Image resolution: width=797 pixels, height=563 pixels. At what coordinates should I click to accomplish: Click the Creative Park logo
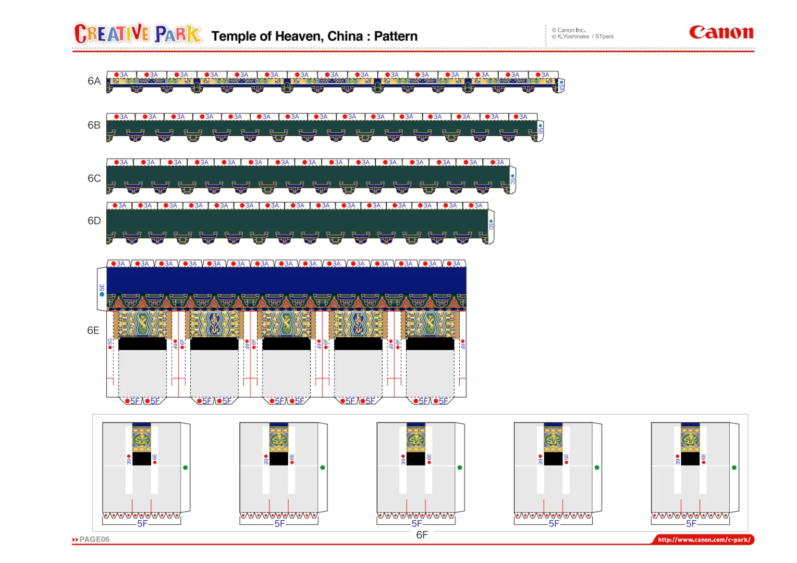[138, 34]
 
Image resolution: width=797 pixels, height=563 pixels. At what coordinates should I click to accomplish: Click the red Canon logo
[721, 32]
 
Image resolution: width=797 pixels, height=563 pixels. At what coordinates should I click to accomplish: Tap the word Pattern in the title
[396, 36]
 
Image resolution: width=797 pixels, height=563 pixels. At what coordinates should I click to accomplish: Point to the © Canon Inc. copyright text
[571, 30]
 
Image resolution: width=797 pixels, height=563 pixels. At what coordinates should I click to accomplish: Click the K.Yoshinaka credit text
[573, 36]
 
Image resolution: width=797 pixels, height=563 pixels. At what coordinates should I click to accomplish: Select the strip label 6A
[94, 81]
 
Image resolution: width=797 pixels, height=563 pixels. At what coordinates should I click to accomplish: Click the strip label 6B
[94, 125]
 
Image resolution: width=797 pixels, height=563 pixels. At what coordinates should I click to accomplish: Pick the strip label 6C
[94, 178]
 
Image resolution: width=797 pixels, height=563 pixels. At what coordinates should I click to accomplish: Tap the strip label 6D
[94, 221]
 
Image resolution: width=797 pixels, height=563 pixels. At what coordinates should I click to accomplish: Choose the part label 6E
[93, 331]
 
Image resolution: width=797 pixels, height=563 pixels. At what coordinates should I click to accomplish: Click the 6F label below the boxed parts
[422, 535]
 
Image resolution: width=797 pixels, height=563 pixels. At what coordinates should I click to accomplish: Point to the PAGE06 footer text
[94, 540]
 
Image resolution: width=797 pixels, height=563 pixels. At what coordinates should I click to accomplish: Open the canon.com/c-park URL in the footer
[704, 540]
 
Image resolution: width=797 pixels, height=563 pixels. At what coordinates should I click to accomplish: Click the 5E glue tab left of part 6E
[102, 289]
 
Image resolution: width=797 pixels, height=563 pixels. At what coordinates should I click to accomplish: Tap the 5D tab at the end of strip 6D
[491, 225]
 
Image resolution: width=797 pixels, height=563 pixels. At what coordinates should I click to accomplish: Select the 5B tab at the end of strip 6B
[540, 128]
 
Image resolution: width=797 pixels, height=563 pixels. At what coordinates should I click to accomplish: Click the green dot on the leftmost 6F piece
[186, 468]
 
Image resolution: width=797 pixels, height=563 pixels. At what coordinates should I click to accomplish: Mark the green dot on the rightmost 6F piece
[734, 468]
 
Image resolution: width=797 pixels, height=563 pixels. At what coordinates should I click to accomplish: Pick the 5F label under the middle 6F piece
[416, 523]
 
